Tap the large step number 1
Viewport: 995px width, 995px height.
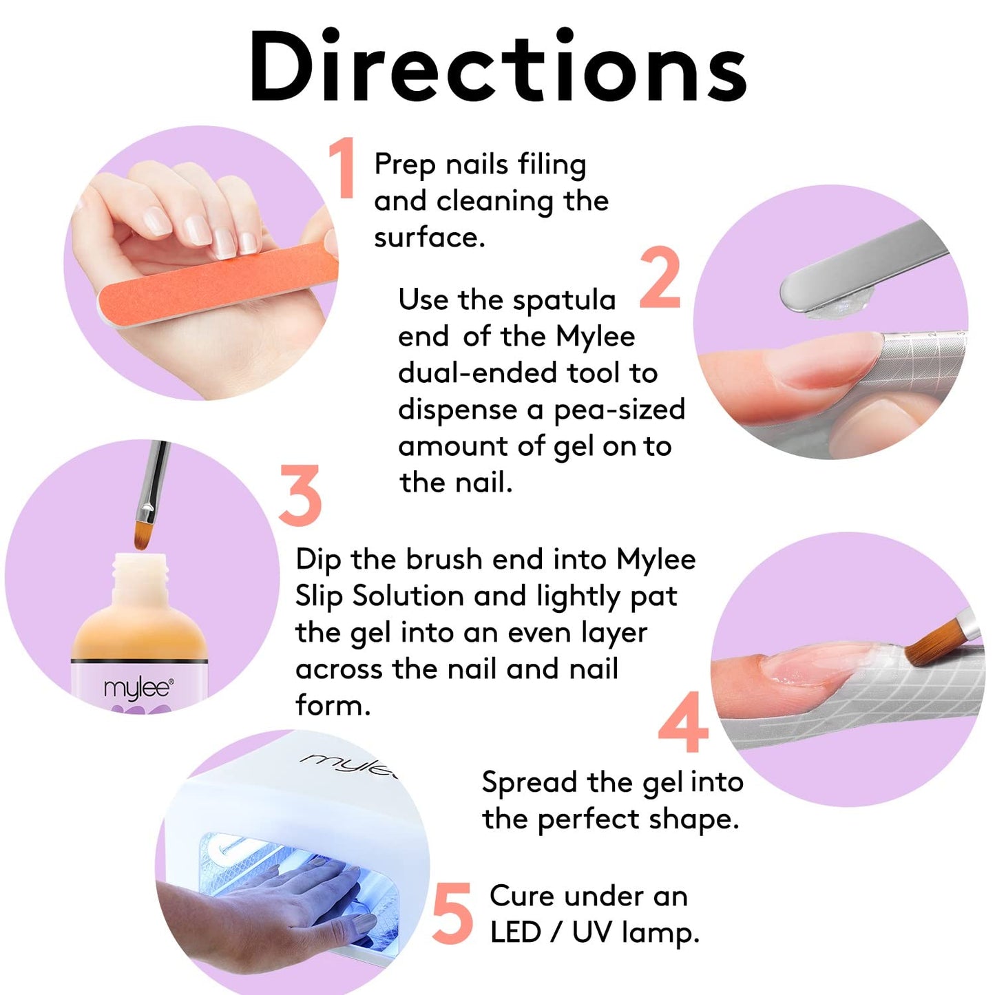[342, 167]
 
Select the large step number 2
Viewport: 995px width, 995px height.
[660, 277]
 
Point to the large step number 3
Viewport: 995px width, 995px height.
[300, 495]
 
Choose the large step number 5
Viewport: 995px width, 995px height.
[452, 913]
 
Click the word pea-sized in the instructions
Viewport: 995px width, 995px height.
[619, 410]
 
